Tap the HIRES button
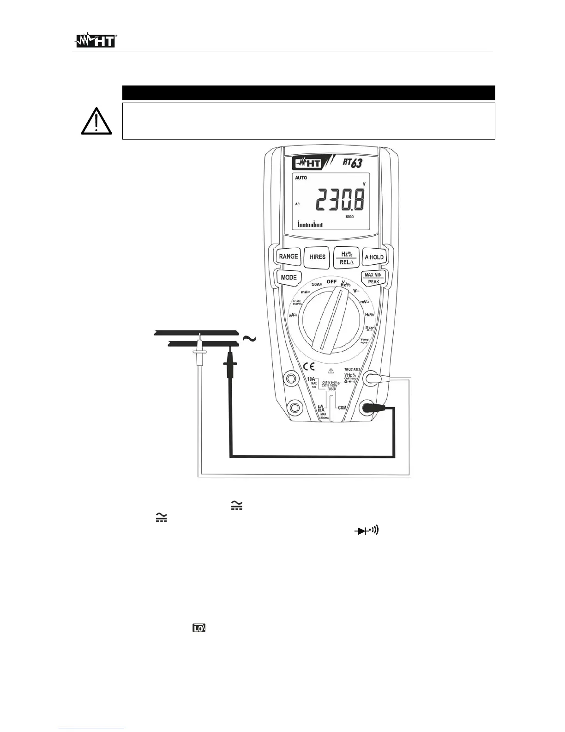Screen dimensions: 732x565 317,257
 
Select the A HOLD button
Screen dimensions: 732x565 374,257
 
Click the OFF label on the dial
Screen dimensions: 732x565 331,281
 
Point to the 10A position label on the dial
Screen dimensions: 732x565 316,285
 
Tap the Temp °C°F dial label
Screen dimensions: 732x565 364,341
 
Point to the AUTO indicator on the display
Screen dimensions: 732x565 301,178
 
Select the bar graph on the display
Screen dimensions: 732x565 310,225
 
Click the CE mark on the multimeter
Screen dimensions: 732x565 309,367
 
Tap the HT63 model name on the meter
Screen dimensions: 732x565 352,163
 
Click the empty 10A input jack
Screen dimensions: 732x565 291,379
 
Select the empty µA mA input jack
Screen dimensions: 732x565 293,408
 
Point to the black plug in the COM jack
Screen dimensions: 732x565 372,408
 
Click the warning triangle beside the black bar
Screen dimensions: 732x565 96,121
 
